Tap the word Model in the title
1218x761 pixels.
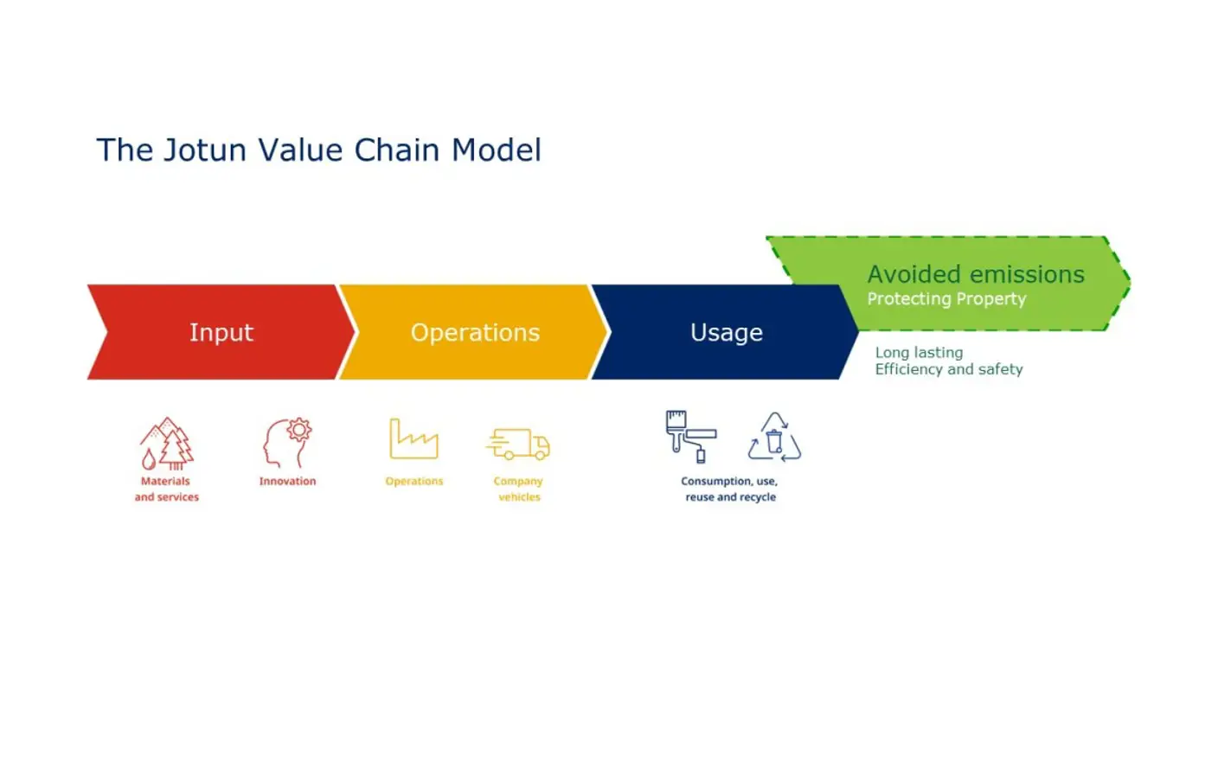496,150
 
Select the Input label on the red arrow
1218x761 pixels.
221,333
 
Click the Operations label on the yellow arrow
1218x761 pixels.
475,333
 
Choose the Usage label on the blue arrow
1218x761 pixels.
727,333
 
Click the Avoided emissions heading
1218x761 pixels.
976,274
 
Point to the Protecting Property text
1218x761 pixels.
946,299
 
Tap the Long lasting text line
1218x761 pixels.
919,353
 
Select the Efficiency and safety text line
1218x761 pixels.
948,369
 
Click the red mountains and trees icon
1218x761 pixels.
167,444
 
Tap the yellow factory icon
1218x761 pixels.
413,439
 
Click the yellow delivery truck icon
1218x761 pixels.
518,444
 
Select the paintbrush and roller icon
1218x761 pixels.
690,437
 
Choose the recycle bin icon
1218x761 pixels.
774,438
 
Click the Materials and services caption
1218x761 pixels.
166,489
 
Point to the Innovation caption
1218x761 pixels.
287,482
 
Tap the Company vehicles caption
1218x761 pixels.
518,489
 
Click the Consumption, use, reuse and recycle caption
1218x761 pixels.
729,489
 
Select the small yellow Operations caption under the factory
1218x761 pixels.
413,482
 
